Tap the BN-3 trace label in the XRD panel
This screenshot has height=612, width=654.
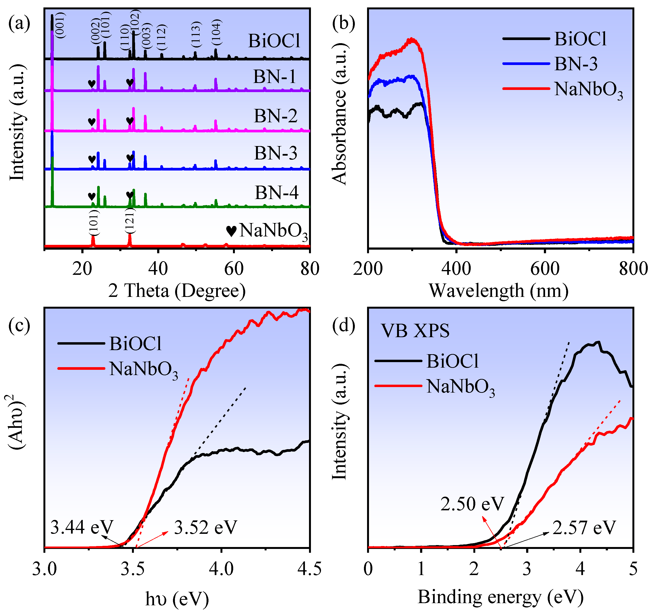275,153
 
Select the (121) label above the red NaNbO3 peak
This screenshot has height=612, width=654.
130,221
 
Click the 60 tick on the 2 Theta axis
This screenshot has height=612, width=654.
234,269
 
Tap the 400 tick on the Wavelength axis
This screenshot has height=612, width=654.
456,269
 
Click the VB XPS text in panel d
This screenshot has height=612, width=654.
415,331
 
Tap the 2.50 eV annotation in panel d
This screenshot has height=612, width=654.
472,504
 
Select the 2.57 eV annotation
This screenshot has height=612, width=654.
584,528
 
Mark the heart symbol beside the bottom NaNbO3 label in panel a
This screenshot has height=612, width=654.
231,231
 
